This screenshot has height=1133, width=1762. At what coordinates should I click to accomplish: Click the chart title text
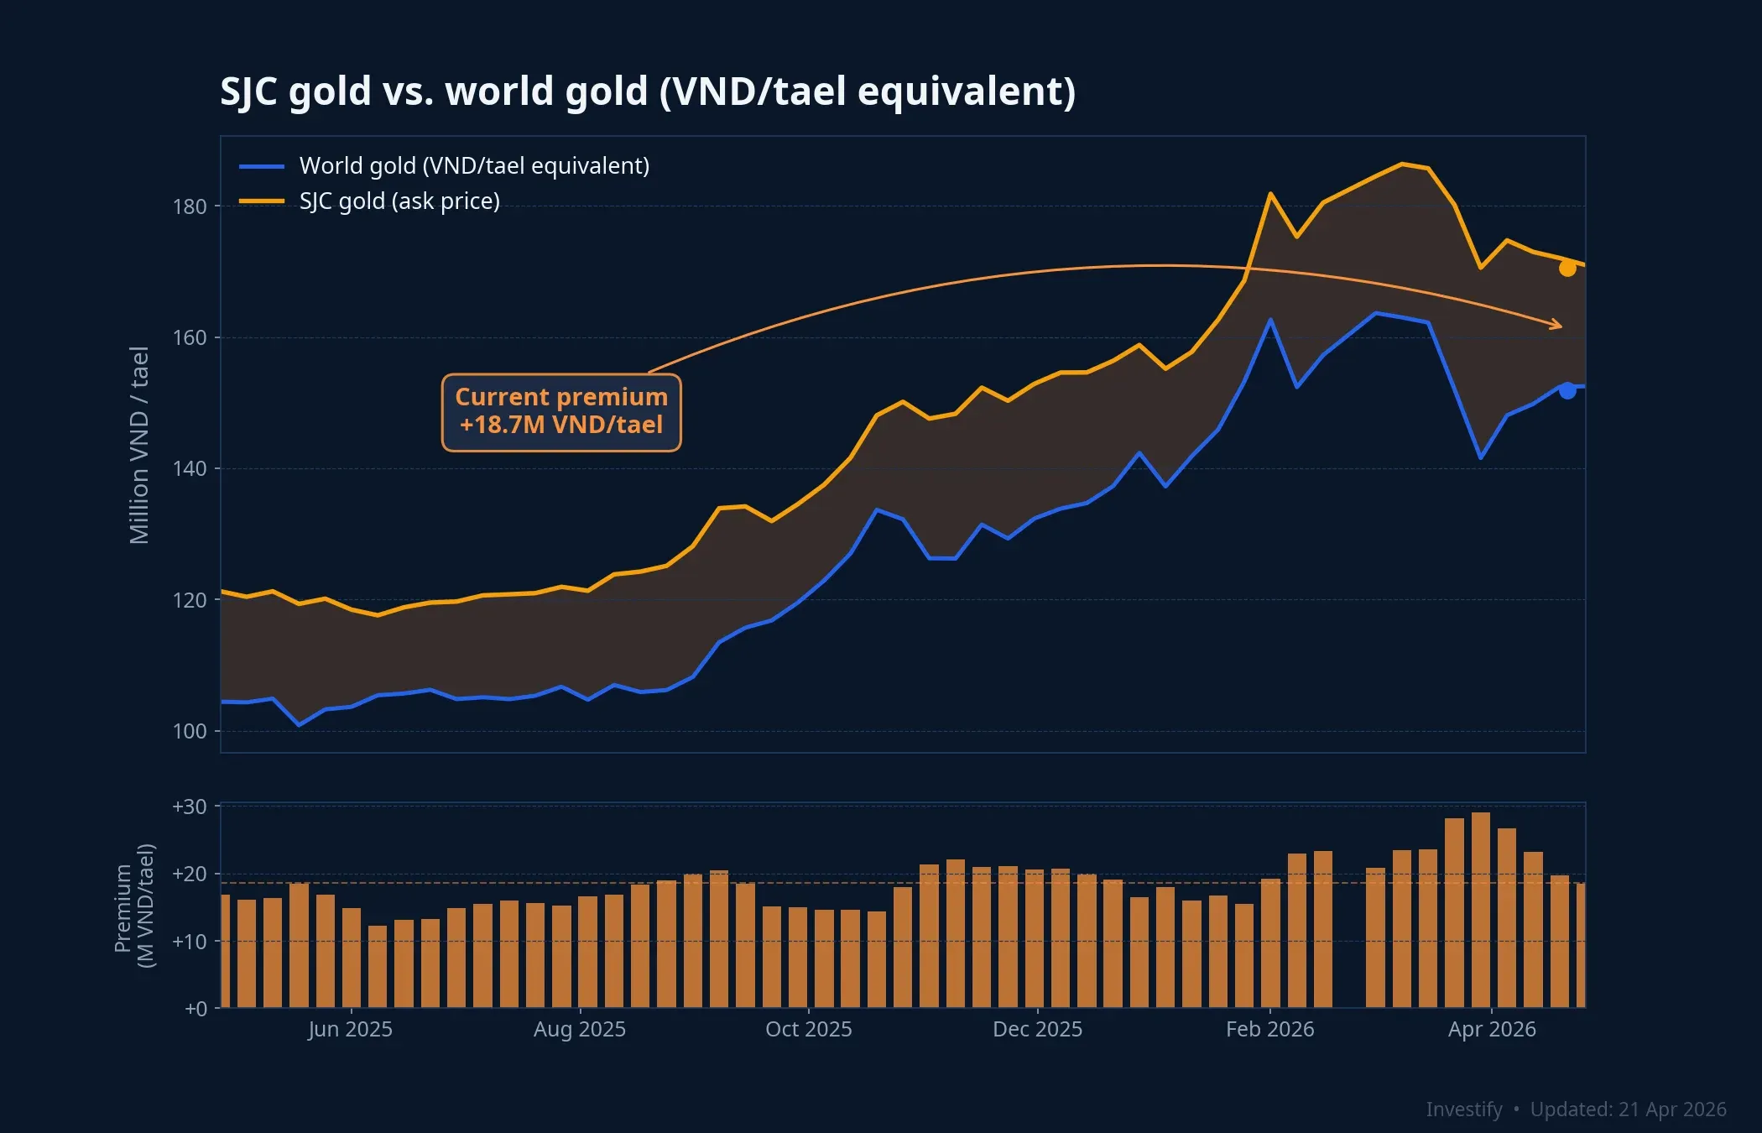(647, 91)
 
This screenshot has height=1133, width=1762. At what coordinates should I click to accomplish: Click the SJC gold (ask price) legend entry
(399, 201)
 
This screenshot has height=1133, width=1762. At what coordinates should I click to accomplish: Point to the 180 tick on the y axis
(190, 206)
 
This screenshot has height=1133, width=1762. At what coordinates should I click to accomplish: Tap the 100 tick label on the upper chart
(190, 731)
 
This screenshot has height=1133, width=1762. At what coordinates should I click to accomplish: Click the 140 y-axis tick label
(190, 469)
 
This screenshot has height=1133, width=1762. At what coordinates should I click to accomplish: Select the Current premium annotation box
(561, 412)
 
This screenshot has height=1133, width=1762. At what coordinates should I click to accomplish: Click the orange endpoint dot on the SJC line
(1567, 269)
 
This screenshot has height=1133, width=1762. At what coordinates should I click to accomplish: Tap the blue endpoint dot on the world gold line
(1567, 390)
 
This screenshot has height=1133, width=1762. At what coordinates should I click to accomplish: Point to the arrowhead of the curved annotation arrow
(1559, 326)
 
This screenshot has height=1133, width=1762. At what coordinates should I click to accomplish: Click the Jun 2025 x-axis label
(350, 1029)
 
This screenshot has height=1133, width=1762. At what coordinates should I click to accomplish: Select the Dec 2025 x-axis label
(1037, 1029)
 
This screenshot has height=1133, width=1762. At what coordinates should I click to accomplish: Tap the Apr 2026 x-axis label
(1492, 1029)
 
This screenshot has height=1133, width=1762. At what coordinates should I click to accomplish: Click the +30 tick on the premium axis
(190, 807)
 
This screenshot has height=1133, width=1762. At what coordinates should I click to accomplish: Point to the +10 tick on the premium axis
(190, 942)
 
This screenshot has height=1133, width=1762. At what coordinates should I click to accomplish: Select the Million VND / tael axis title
(139, 445)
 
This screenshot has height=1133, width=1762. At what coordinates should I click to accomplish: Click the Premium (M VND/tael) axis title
(134, 906)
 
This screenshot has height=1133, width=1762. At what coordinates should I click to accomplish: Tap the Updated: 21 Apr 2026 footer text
(1628, 1110)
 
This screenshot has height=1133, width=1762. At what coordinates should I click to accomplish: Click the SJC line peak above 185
(1402, 164)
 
